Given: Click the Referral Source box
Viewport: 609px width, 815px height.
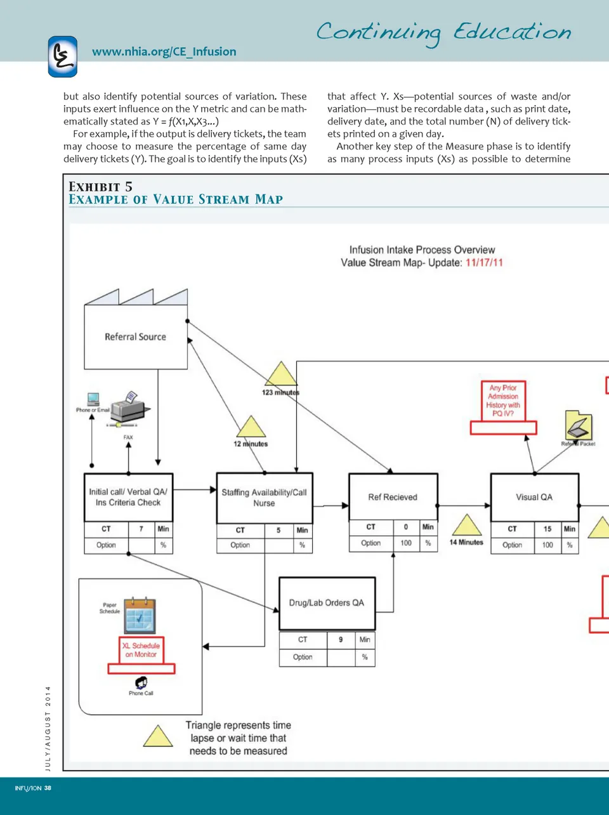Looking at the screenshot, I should pyautogui.click(x=136, y=337).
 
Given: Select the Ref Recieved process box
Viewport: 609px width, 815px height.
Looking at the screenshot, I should pyautogui.click(x=393, y=497).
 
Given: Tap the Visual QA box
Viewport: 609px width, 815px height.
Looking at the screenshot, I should pyautogui.click(x=534, y=497).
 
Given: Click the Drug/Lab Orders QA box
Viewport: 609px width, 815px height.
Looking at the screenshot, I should pyautogui.click(x=327, y=603).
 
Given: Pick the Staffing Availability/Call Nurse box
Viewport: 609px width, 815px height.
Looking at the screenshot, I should pyautogui.click(x=264, y=497).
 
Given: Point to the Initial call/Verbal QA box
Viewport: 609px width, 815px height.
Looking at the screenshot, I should pyautogui.click(x=128, y=497).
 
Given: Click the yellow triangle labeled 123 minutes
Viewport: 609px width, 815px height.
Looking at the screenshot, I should pyautogui.click(x=281, y=374).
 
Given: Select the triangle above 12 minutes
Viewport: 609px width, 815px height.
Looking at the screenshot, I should pyautogui.click(x=251, y=427).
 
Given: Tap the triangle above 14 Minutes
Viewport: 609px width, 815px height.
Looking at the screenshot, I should pyautogui.click(x=467, y=526).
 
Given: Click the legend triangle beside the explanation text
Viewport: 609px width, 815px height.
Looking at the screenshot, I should pyautogui.click(x=158, y=736).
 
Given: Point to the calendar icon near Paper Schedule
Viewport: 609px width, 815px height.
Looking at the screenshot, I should pyautogui.click(x=140, y=616).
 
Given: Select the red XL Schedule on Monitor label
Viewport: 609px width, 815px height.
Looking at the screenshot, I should pyautogui.click(x=141, y=650).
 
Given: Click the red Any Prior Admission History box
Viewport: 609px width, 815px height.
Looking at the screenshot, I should pyautogui.click(x=503, y=401).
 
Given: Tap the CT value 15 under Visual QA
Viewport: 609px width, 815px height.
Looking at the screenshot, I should pyautogui.click(x=547, y=529).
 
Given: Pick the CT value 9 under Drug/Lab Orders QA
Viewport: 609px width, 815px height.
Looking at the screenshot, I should pyautogui.click(x=341, y=640).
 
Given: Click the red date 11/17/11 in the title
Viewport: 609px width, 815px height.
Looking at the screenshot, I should pyautogui.click(x=484, y=263).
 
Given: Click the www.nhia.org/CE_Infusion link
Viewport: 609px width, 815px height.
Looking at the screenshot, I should pyautogui.click(x=164, y=52).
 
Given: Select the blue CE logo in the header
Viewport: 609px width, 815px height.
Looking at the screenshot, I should pyautogui.click(x=63, y=56).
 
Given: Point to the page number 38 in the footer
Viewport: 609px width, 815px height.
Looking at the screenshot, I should pyautogui.click(x=48, y=788).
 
